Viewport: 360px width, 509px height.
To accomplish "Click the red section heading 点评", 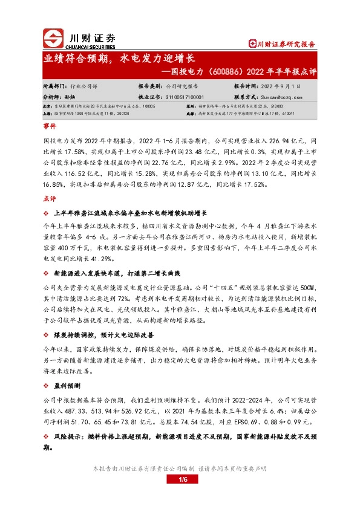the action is [x=49, y=199].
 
